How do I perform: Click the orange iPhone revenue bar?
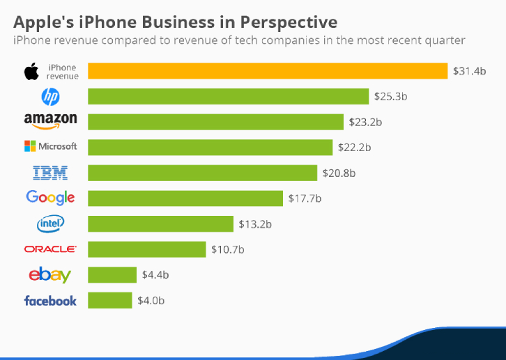pyautogui.click(x=268, y=71)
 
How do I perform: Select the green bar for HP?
pyautogui.click(x=228, y=96)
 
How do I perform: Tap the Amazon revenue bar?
pyautogui.click(x=215, y=122)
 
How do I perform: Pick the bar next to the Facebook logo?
pyautogui.click(x=109, y=300)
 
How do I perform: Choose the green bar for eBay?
pyautogui.click(x=112, y=275)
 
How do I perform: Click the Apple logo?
pyautogui.click(x=31, y=71)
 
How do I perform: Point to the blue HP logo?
pyautogui.click(x=50, y=97)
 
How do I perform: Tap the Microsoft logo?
pyautogui.click(x=51, y=146)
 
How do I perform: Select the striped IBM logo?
pyautogui.click(x=50, y=173)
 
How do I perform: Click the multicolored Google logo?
pyautogui.click(x=50, y=198)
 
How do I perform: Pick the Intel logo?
pyautogui.click(x=50, y=224)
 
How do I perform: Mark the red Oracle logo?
pyautogui.click(x=50, y=249)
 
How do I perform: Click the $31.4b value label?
pyautogui.click(x=469, y=71)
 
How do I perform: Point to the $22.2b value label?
pyautogui.click(x=354, y=148)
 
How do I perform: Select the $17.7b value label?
pyautogui.click(x=305, y=198)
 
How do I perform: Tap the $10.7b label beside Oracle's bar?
pyautogui.click(x=227, y=249)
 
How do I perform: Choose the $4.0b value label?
pyautogui.click(x=151, y=301)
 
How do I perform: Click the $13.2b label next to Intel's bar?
pyautogui.click(x=255, y=224)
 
